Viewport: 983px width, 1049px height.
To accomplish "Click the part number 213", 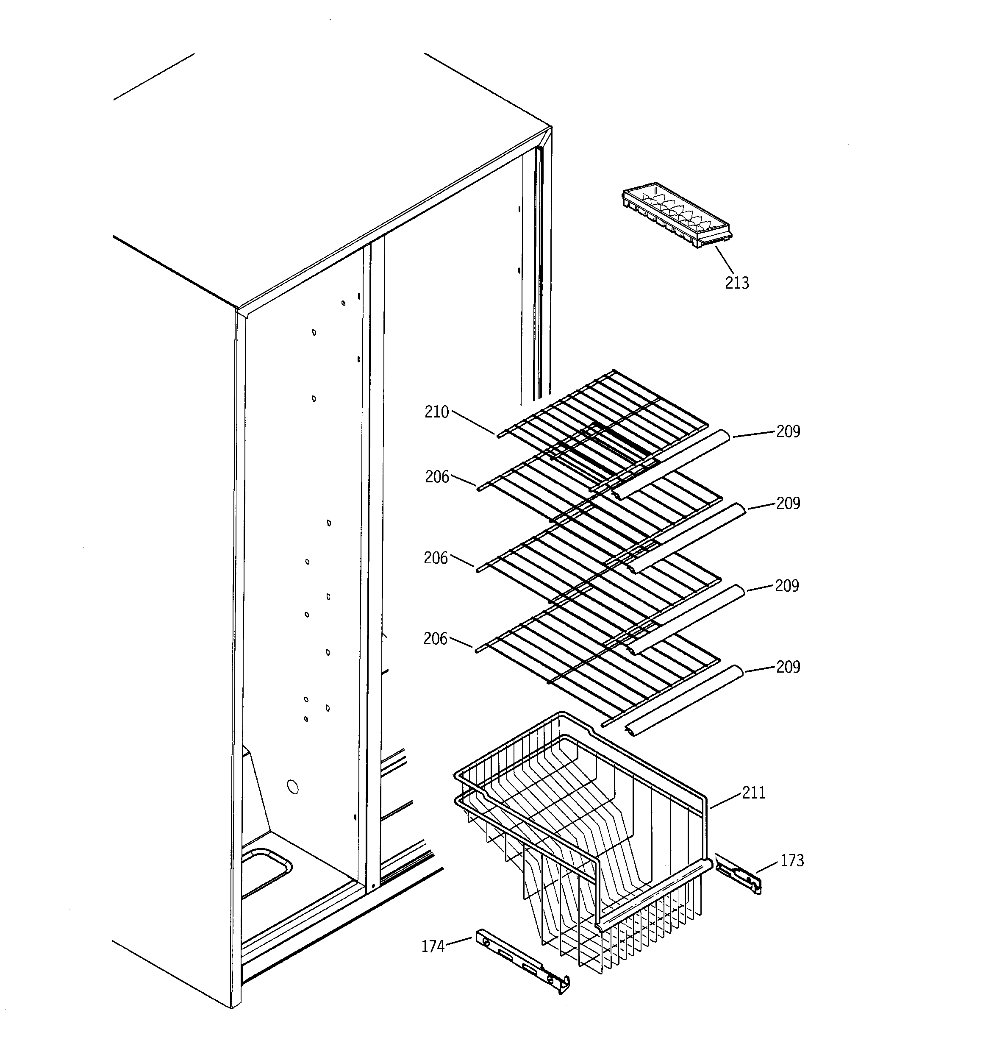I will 736,284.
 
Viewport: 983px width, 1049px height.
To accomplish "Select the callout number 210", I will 436,412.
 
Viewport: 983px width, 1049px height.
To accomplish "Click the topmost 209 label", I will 788,431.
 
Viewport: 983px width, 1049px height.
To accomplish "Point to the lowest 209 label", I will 788,667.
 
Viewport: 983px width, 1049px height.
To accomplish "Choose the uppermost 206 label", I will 437,477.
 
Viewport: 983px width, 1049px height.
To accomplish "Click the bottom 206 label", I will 435,639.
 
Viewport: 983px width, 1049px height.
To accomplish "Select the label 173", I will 791,861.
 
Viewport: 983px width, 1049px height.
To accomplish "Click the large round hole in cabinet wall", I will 293,787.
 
